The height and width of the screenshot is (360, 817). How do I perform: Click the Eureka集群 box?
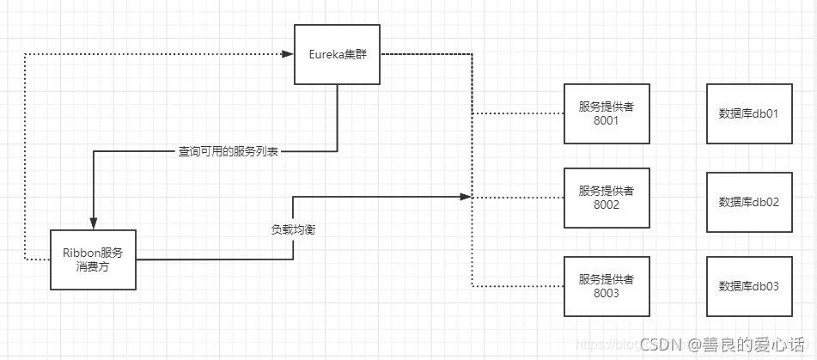click(337, 54)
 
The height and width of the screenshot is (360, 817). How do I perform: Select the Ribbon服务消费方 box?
click(93, 259)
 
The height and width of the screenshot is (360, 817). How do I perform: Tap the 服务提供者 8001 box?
click(606, 113)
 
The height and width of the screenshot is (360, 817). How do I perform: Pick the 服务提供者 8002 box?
click(606, 198)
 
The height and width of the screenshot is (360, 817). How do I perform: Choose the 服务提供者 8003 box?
click(606, 285)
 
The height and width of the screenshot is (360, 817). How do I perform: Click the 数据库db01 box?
click(748, 113)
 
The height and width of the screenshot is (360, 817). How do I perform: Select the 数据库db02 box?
click(748, 202)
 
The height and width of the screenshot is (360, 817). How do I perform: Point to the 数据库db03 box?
click(748, 285)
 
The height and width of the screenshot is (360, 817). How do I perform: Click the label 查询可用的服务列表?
click(228, 152)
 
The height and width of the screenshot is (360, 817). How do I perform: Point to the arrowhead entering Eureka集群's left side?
click(289, 54)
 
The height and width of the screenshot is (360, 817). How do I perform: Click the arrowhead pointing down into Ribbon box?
click(93, 224)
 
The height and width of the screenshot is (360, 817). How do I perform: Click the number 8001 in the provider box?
click(606, 120)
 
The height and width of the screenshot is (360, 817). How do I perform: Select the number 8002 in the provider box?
click(606, 205)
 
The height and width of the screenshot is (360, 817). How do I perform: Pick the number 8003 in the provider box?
click(606, 293)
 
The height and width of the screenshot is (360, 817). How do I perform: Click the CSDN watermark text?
click(661, 345)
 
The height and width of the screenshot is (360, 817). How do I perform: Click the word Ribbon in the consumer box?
click(81, 252)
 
